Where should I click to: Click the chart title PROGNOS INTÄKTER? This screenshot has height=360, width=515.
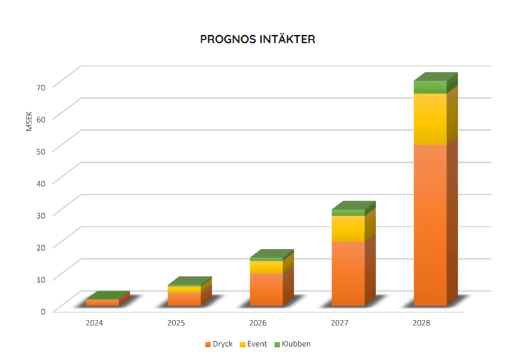point(257,40)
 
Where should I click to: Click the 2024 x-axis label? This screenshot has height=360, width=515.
point(94,323)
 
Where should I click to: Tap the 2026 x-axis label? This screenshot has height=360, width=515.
point(257,323)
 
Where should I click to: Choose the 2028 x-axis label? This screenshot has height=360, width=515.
point(421,323)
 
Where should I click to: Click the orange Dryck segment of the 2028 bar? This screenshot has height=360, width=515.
point(430,226)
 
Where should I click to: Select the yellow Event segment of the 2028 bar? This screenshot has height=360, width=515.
point(430,119)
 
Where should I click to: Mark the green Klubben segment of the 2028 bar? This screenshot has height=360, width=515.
point(430,87)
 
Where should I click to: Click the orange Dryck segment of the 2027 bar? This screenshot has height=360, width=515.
point(348,273)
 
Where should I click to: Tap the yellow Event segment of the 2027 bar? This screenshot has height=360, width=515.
point(348,229)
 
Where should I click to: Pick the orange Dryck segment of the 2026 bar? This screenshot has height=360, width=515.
point(266,289)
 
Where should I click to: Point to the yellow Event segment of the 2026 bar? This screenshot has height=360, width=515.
point(266,266)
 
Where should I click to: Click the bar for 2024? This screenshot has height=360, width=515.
point(102,302)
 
